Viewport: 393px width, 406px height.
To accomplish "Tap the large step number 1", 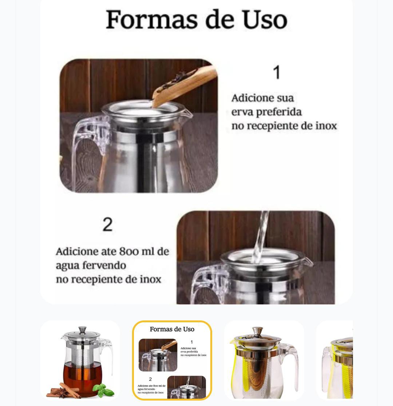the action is [x=277, y=72].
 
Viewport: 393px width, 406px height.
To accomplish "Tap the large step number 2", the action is [x=108, y=225].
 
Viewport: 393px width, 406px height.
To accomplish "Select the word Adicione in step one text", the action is [x=250, y=98].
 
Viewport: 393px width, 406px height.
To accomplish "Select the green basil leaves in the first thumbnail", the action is [x=103, y=390].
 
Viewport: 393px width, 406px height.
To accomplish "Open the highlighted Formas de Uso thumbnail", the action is [x=172, y=360].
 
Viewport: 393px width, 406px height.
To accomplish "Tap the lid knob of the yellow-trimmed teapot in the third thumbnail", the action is [x=257, y=331].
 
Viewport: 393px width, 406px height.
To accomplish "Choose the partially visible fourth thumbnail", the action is [x=335, y=360].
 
